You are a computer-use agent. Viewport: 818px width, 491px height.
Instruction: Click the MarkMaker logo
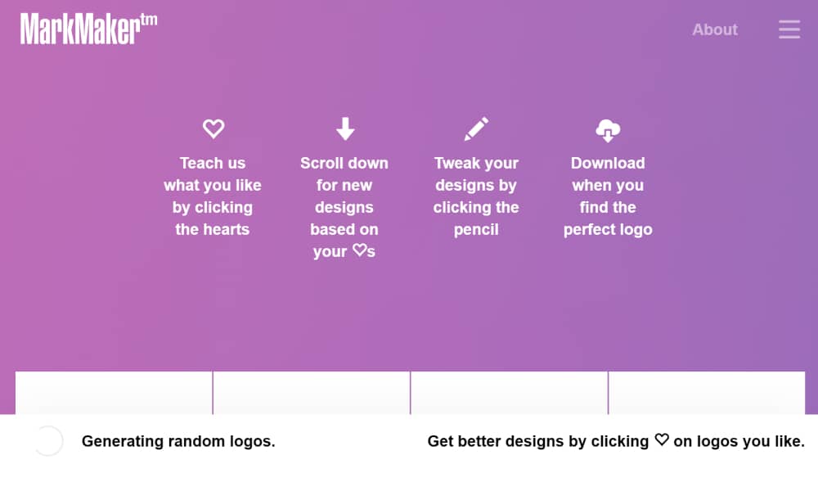click(x=88, y=29)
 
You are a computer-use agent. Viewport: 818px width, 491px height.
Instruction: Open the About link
click(x=715, y=29)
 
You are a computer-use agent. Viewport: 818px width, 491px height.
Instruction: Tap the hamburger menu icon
click(x=789, y=29)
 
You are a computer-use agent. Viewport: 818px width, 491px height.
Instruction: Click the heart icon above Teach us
click(x=213, y=128)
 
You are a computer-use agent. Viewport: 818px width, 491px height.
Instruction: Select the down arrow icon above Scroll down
click(x=345, y=128)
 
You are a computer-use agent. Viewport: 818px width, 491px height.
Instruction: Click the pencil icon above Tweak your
click(x=476, y=128)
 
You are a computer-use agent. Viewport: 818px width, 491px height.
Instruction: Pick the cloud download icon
click(x=608, y=130)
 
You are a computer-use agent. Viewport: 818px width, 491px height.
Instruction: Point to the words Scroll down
click(x=344, y=164)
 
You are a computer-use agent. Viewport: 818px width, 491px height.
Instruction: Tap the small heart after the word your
click(x=359, y=250)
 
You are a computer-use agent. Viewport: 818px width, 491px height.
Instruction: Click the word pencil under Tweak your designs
click(x=476, y=230)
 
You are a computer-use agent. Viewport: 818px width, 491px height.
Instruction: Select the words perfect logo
click(x=608, y=230)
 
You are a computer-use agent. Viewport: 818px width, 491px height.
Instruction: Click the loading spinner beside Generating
click(x=48, y=441)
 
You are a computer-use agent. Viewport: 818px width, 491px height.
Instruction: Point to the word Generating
click(x=123, y=441)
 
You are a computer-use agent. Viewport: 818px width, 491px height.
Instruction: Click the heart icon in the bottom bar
click(x=662, y=439)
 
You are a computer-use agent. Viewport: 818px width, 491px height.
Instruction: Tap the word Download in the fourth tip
click(x=608, y=164)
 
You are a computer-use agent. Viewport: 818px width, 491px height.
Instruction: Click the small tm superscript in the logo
click(x=149, y=20)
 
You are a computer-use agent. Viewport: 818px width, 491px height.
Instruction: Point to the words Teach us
click(x=213, y=164)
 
